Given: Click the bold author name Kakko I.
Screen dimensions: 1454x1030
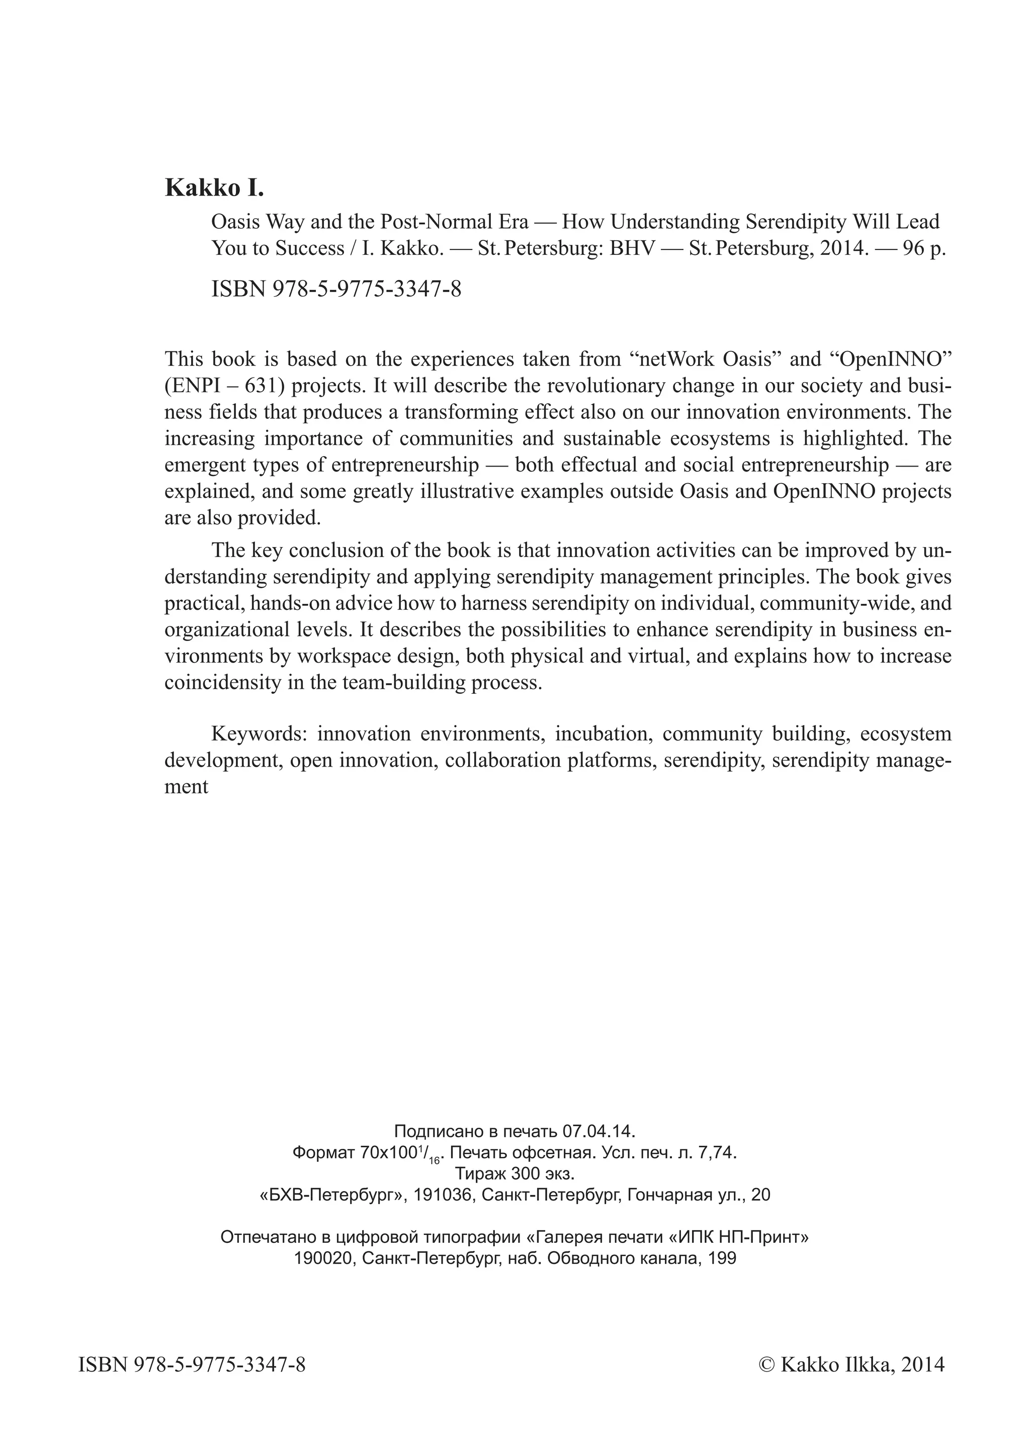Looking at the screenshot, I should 214,189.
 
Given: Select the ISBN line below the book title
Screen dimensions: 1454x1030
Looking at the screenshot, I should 335,289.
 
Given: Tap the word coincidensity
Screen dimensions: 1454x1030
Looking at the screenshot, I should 224,682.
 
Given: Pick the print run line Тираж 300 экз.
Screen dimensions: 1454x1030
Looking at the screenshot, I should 514,1173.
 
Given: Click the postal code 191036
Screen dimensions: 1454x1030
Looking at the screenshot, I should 443,1195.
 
